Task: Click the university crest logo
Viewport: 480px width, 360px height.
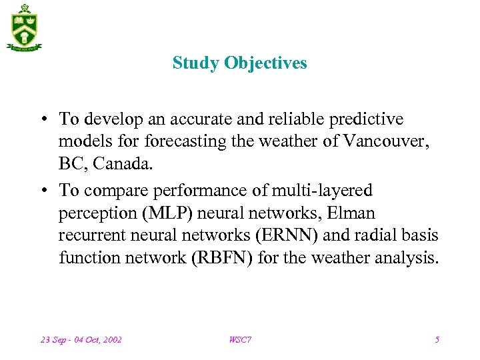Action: (25, 27)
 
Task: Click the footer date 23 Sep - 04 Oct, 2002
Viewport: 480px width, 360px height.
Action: (81, 340)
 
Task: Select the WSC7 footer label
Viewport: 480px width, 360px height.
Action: (240, 340)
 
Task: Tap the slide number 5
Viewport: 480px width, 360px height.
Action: (437, 340)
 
